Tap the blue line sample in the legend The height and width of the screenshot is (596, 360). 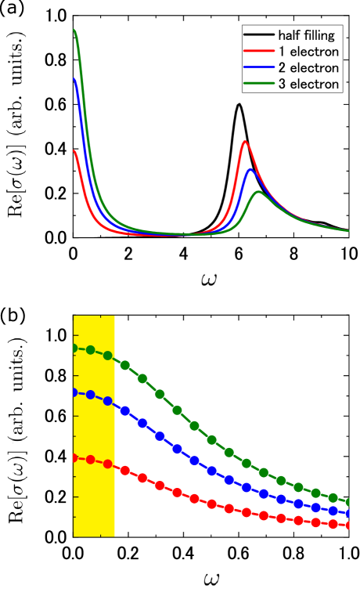pyautogui.click(x=258, y=68)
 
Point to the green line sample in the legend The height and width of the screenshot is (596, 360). pyautogui.click(x=258, y=84)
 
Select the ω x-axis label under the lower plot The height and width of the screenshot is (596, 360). pyautogui.click(x=211, y=580)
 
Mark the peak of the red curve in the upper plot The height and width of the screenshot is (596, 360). pyautogui.click(x=245, y=142)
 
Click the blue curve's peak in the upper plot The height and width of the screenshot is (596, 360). pyautogui.click(x=250, y=169)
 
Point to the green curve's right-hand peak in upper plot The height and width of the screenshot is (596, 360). pyautogui.click(x=256, y=192)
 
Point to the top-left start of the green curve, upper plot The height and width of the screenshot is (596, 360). pyautogui.click(x=74, y=31)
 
